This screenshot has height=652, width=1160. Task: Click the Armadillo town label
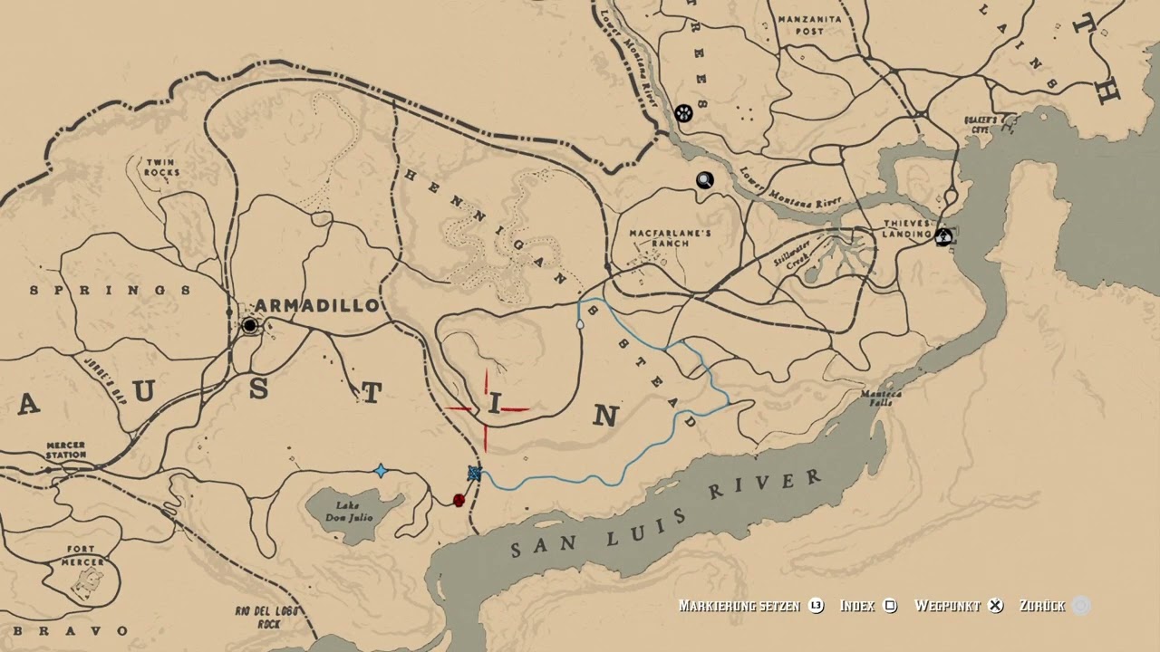[x=316, y=305]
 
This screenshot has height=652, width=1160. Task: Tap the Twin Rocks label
[x=160, y=168]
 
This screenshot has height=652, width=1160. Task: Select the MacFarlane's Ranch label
[x=671, y=238]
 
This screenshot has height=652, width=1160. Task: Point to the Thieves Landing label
[x=907, y=229]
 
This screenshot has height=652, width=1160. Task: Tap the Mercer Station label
[x=65, y=450]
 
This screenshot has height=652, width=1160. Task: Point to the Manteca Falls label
[x=875, y=398]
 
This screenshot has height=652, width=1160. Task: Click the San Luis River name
[x=666, y=513]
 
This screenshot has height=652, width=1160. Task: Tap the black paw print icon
[x=683, y=113]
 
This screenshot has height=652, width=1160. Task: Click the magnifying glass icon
[x=704, y=180]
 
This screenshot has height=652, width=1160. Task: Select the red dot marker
[x=459, y=500]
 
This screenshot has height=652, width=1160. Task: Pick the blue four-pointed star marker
[x=381, y=471]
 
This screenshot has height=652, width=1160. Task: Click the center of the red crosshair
[x=487, y=409]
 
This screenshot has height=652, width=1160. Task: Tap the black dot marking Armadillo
[x=249, y=325]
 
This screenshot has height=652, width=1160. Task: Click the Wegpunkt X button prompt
[x=996, y=606]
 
